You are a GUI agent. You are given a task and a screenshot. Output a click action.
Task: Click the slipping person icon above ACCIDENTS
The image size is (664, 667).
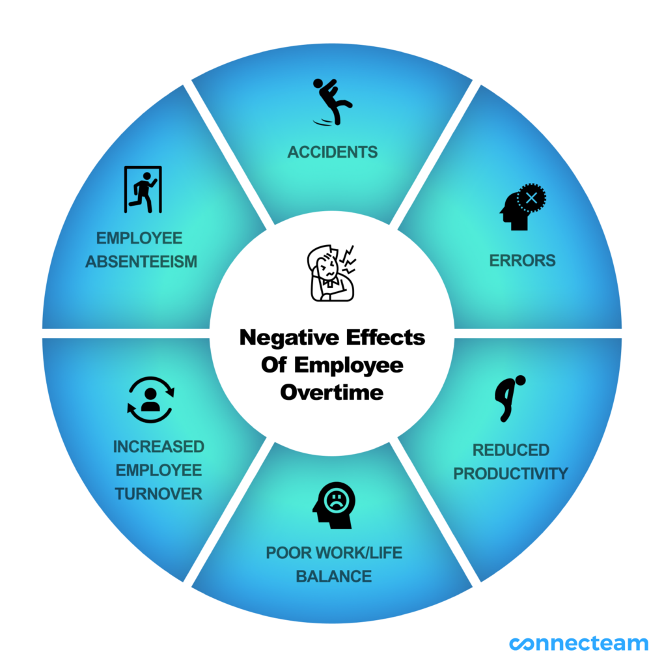(332, 102)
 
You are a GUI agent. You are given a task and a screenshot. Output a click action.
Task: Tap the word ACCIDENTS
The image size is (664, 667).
(332, 152)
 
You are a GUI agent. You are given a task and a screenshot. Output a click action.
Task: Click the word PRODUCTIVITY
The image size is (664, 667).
(510, 474)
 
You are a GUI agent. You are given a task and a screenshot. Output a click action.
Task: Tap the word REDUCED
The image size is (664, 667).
(510, 450)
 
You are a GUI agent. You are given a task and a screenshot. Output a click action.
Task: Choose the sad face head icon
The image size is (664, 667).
(334, 504)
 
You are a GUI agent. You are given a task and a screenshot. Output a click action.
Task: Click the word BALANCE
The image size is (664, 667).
(334, 576)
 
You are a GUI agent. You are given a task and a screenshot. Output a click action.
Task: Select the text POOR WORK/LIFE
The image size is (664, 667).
(334, 553)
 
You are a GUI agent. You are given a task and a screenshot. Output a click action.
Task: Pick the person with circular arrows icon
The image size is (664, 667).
(150, 399)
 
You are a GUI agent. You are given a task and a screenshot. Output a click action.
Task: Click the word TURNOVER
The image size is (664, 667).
(159, 494)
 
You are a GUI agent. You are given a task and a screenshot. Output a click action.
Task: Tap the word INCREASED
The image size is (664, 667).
(159, 447)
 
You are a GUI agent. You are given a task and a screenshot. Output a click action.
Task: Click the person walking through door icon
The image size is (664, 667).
(143, 190)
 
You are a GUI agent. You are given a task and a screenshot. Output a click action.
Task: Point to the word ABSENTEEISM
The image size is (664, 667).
(141, 262)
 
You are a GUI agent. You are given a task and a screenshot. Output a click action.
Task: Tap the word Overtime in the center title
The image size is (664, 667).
(332, 393)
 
